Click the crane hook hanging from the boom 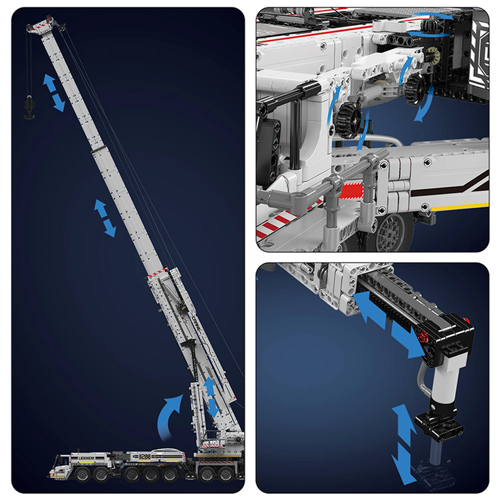(29, 109)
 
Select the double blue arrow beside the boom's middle (105, 218)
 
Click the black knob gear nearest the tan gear (416, 88)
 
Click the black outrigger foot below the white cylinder (438, 426)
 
